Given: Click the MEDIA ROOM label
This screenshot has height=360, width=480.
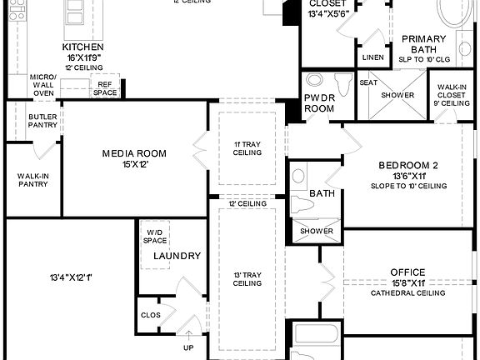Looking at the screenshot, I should tap(134, 153).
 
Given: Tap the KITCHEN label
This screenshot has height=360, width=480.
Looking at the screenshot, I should tap(82, 47).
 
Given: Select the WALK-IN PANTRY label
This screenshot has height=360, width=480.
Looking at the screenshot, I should tap(32, 179).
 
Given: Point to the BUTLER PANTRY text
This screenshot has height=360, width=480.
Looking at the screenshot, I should tap(42, 121).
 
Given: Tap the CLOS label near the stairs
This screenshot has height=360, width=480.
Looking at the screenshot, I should tap(150, 315).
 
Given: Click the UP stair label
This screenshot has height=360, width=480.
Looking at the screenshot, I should tap(188, 347).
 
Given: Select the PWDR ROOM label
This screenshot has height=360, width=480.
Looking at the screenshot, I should tap(318, 102).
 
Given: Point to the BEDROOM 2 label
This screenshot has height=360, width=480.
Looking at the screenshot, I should tap(408, 165).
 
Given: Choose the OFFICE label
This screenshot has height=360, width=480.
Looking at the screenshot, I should tap(407, 272).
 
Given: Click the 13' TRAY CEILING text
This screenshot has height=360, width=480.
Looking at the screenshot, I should tap(247, 278).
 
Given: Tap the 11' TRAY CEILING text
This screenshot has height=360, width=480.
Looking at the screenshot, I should tap(247, 148).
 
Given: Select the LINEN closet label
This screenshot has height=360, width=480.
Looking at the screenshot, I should tap(372, 57).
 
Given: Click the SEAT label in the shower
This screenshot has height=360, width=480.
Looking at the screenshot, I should tap(367, 82).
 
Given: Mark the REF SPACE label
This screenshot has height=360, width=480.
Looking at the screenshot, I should tap(105, 88).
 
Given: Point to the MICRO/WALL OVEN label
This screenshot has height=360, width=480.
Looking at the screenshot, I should tap(42, 84).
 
